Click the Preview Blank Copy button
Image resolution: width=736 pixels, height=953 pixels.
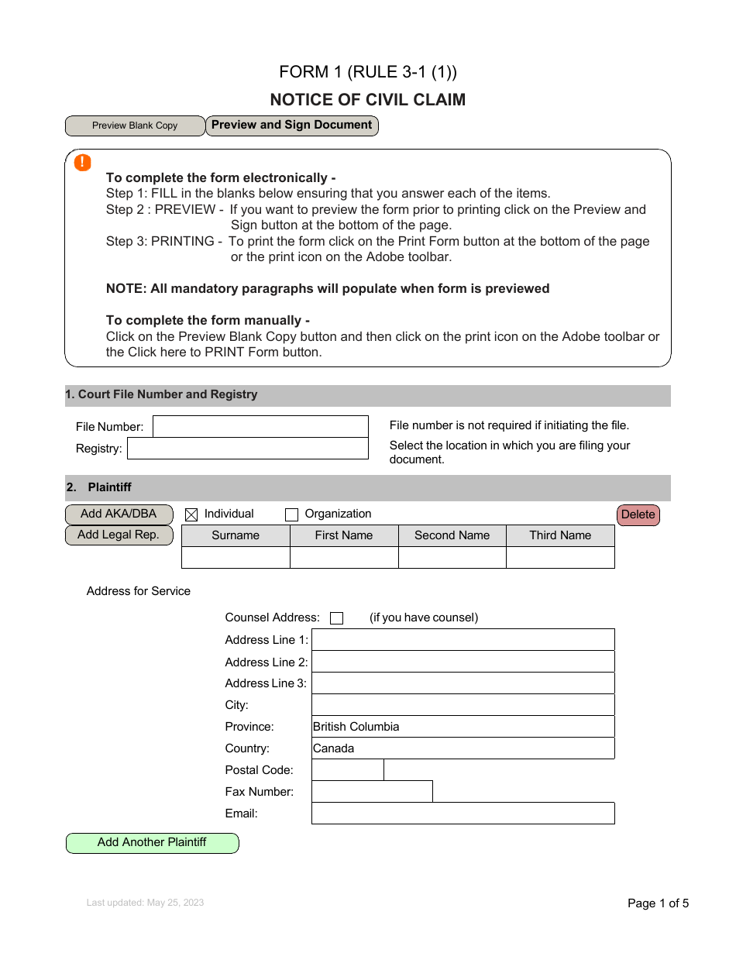coord(135,126)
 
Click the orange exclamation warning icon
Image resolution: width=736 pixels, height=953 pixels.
coord(82,163)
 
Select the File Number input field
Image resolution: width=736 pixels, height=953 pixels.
coord(260,427)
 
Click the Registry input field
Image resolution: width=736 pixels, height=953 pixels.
coord(247,449)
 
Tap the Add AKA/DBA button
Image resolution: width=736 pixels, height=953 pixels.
coord(119,514)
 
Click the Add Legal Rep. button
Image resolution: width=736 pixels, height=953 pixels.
coord(119,535)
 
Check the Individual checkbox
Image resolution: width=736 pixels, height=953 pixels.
coord(191,514)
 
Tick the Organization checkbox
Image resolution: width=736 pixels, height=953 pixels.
coord(291,514)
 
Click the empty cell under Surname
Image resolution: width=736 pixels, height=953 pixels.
coord(236,558)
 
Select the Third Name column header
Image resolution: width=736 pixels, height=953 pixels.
coord(560,535)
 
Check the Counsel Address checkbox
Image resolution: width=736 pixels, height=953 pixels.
coord(336,618)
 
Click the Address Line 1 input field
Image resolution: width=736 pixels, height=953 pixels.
coord(463,640)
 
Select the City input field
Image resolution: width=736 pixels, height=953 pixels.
coord(463,705)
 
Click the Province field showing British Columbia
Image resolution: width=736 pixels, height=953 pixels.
coord(463,727)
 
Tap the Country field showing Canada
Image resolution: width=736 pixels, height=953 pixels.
coord(463,748)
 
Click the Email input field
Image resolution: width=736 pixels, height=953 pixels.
coord(463,814)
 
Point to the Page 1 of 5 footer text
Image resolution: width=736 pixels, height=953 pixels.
coord(658,903)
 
